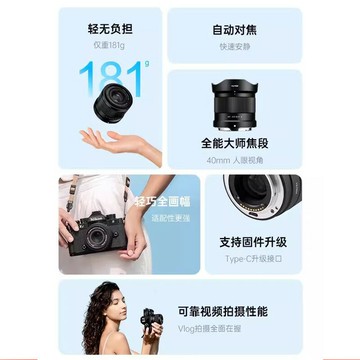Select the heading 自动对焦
(232, 29)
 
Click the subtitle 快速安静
(232, 47)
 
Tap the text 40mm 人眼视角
(232, 160)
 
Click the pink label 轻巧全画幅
(151, 205)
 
